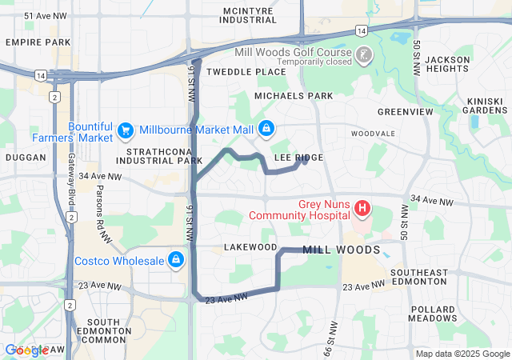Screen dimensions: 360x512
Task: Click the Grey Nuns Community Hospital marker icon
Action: tap(362, 210)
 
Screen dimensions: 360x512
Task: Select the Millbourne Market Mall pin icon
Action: tap(266, 129)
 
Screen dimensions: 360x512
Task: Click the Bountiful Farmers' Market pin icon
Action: tap(125, 130)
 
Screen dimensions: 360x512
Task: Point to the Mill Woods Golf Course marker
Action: tap(365, 55)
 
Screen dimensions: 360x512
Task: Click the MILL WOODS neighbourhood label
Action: tap(341, 250)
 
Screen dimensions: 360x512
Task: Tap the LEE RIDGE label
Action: tap(299, 158)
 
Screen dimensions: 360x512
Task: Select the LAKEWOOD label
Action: tap(250, 247)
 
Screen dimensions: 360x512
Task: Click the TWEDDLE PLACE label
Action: tap(246, 72)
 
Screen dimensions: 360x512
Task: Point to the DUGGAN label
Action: tap(26, 158)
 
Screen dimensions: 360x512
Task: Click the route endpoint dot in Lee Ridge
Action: tap(304, 160)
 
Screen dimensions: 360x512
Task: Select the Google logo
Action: tap(26, 350)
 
